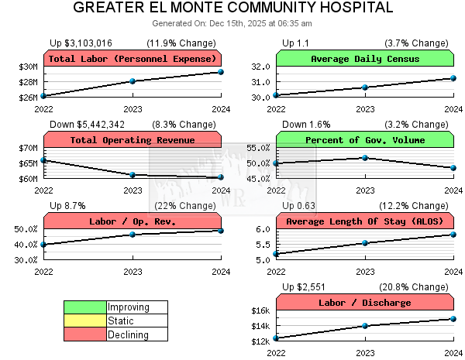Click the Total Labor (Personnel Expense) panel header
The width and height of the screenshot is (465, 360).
(x=133, y=59)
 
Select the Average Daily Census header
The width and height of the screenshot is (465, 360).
(x=365, y=59)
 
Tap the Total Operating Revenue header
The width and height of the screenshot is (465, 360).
(x=133, y=140)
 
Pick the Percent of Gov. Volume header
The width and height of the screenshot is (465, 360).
(x=365, y=140)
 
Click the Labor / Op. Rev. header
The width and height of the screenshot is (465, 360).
(x=133, y=221)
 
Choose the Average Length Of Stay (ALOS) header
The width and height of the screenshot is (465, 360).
(x=365, y=221)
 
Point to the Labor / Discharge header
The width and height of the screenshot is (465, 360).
(x=365, y=303)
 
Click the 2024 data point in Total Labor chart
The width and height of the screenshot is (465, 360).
(x=221, y=72)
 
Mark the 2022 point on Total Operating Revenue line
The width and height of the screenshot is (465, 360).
(x=44, y=160)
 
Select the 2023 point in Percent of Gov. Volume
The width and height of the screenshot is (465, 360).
(x=365, y=158)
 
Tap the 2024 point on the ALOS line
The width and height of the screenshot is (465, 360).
(x=453, y=235)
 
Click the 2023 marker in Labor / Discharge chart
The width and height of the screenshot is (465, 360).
(x=365, y=325)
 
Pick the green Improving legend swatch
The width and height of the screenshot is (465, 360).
(x=85, y=307)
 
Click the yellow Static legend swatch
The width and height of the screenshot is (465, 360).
(x=85, y=321)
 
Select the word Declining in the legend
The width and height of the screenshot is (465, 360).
(x=128, y=334)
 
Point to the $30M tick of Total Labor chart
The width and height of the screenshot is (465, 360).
(x=28, y=67)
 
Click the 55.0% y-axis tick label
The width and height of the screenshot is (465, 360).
(x=258, y=148)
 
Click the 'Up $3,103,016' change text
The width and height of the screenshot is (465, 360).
(x=81, y=43)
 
